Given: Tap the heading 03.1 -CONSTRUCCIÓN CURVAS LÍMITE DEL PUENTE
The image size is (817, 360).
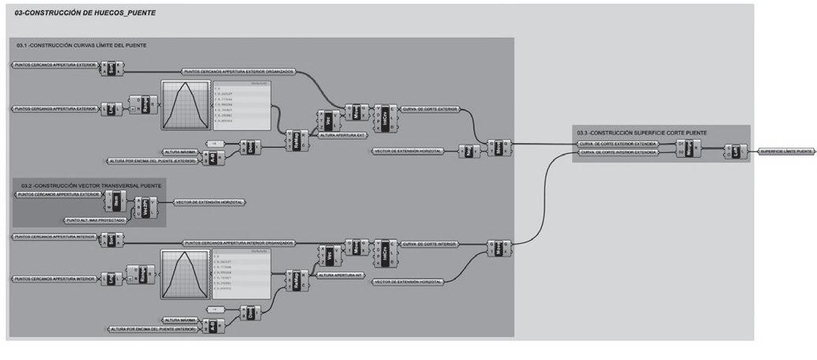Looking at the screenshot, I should (x=81, y=45).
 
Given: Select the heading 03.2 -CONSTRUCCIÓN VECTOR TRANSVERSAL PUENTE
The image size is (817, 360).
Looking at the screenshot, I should (x=92, y=185).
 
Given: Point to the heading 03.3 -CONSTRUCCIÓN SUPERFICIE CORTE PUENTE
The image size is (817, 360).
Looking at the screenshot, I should (x=642, y=132).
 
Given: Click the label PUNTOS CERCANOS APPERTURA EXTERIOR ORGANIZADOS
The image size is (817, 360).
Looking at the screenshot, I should (x=239, y=71).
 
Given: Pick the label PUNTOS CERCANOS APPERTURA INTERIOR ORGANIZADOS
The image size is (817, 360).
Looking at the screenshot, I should (x=239, y=242).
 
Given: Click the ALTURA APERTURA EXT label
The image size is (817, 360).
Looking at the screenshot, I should (x=342, y=136).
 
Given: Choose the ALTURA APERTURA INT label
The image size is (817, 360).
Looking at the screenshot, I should (x=341, y=276).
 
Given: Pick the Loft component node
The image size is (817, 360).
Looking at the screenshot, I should (x=736, y=151).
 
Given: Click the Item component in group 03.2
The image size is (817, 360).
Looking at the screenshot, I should (x=115, y=202).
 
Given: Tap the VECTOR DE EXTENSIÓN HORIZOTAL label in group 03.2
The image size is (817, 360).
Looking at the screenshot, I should (x=210, y=202).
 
